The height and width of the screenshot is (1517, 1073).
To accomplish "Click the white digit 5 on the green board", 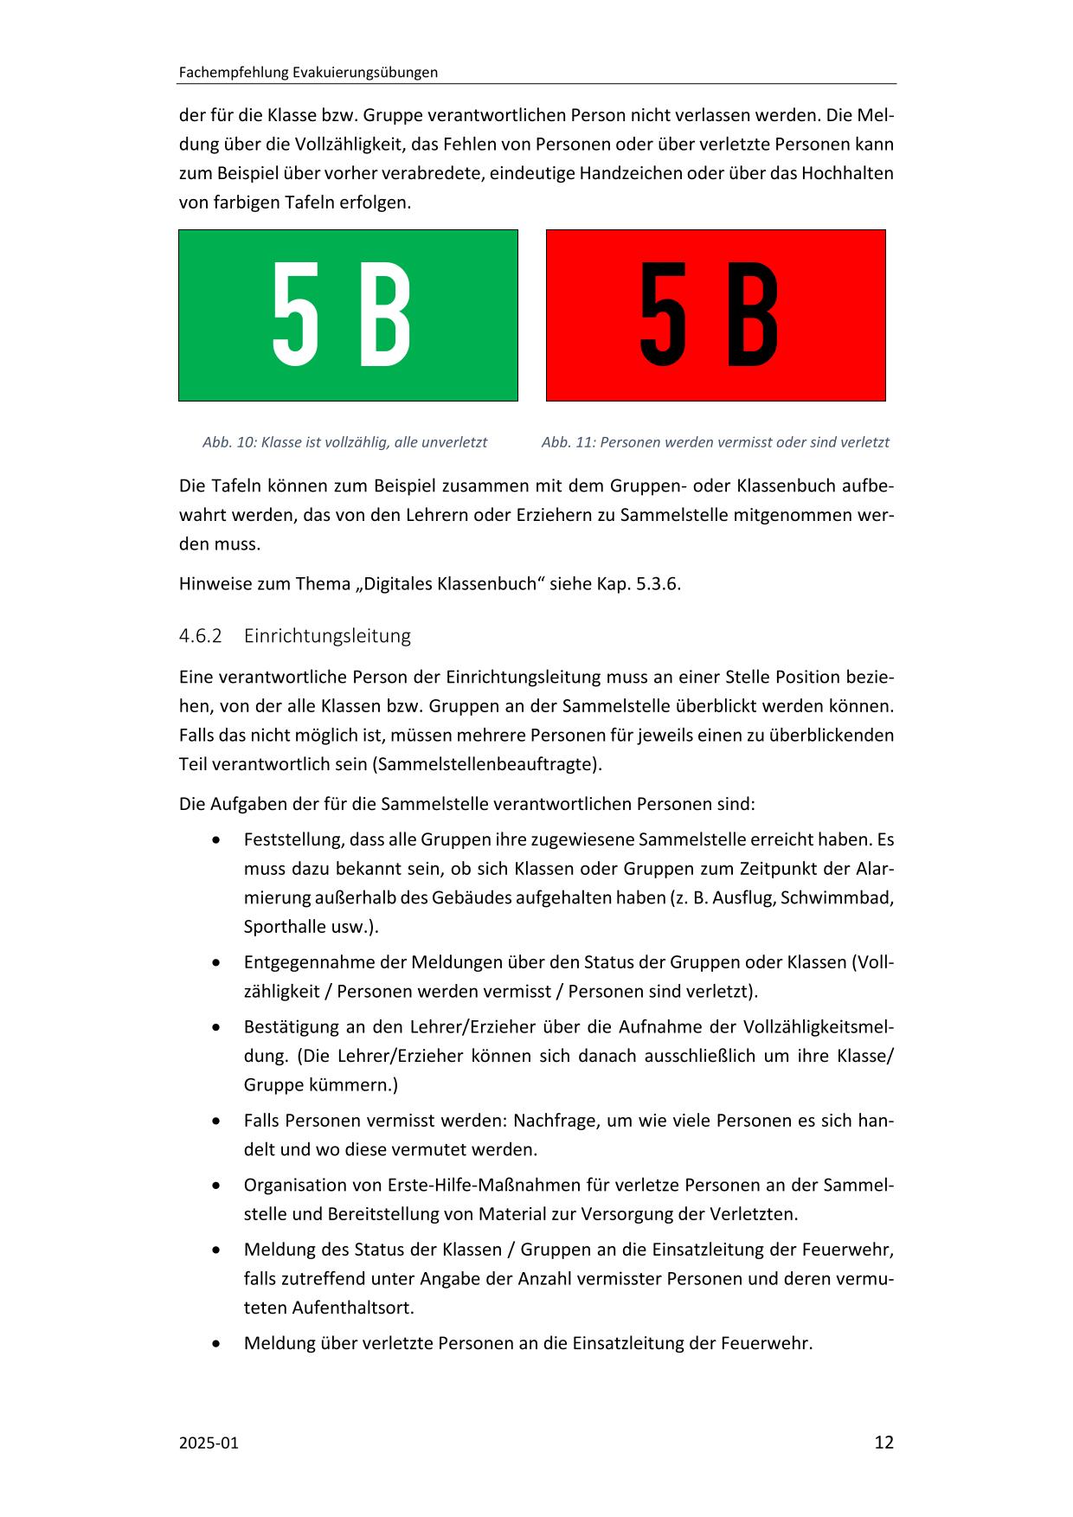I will (x=296, y=315).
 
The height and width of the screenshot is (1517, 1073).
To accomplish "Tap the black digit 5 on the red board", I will (x=664, y=315).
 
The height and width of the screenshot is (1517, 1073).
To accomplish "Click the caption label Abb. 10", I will (x=229, y=442).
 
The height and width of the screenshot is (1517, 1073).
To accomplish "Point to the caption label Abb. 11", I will (x=568, y=442).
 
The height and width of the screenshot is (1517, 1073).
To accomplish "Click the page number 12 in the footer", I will (x=883, y=1442).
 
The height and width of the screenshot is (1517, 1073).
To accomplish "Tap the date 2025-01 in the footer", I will (x=209, y=1443).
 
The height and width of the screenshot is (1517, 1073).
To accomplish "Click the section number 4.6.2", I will (x=200, y=636).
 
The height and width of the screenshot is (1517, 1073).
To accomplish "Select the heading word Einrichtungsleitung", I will (x=327, y=636).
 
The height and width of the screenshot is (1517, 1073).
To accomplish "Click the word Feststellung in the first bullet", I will (x=291, y=839).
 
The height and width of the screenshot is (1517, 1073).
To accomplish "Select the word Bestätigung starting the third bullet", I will (x=289, y=1027).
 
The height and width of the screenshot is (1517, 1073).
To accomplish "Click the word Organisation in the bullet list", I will (x=294, y=1185).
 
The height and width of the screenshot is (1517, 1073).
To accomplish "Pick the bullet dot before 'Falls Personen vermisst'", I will (x=216, y=1122).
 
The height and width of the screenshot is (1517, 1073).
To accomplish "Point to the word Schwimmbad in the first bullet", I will (x=837, y=897).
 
